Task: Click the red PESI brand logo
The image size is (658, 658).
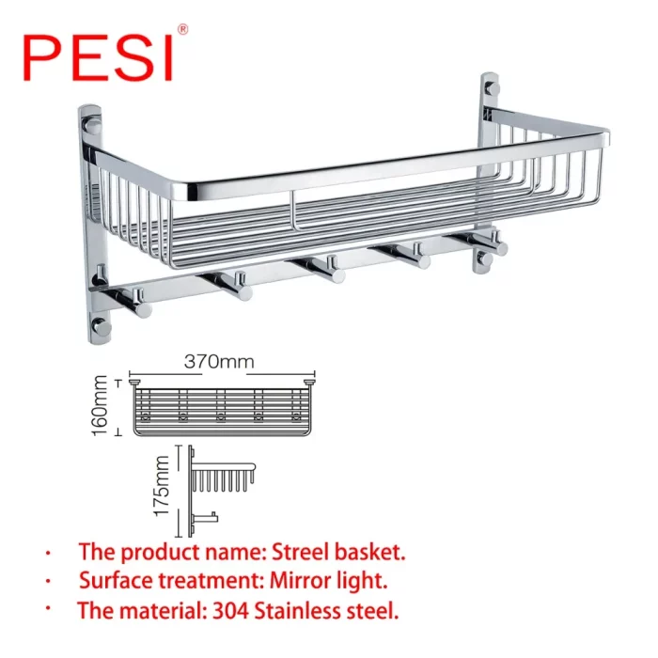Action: tap(98, 58)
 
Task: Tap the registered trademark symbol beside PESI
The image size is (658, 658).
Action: tap(183, 29)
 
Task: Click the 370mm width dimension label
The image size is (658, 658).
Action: tap(219, 362)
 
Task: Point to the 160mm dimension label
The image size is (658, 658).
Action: tap(100, 405)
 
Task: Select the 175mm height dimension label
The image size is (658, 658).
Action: tap(162, 486)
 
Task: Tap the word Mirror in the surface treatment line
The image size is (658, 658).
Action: tap(297, 581)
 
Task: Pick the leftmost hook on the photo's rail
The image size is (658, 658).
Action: tap(130, 302)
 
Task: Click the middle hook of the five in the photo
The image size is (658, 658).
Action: tap(323, 270)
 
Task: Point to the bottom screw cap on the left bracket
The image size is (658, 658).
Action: tap(100, 326)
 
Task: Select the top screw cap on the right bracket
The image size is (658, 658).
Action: tap(491, 89)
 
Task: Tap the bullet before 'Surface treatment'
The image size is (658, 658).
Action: tap(48, 582)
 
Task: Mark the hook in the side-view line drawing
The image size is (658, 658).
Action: tap(206, 519)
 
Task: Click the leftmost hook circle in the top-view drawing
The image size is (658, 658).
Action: tap(146, 417)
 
